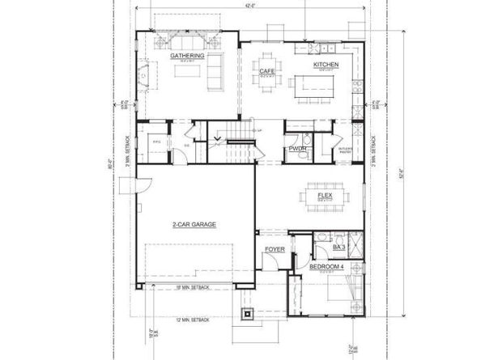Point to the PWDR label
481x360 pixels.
(x=296, y=149)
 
